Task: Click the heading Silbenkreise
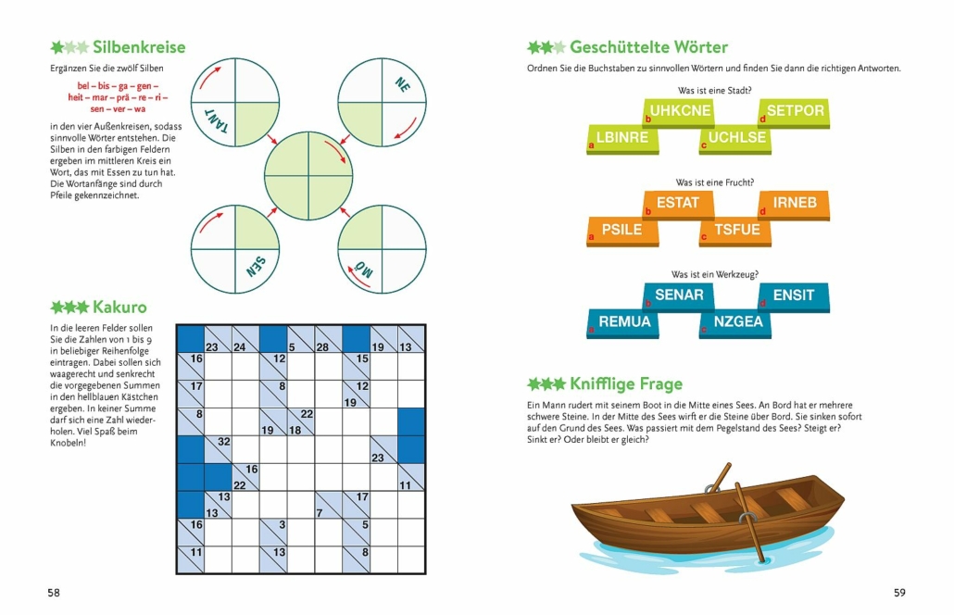(139, 47)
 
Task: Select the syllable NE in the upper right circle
(402, 84)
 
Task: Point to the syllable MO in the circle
(363, 270)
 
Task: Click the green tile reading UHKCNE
(679, 113)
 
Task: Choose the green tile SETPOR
(794, 113)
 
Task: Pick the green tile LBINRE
(622, 139)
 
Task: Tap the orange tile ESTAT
(678, 205)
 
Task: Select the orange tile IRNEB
(794, 205)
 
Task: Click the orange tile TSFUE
(735, 232)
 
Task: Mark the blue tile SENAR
(679, 297)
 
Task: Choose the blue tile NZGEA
(735, 323)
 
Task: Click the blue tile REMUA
(623, 323)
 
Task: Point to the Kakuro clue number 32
(224, 442)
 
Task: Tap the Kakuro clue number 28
(322, 347)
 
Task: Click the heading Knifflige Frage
(626, 383)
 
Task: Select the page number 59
(899, 593)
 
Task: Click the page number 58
(54, 593)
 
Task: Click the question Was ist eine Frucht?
(715, 182)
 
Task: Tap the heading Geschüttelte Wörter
(648, 47)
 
